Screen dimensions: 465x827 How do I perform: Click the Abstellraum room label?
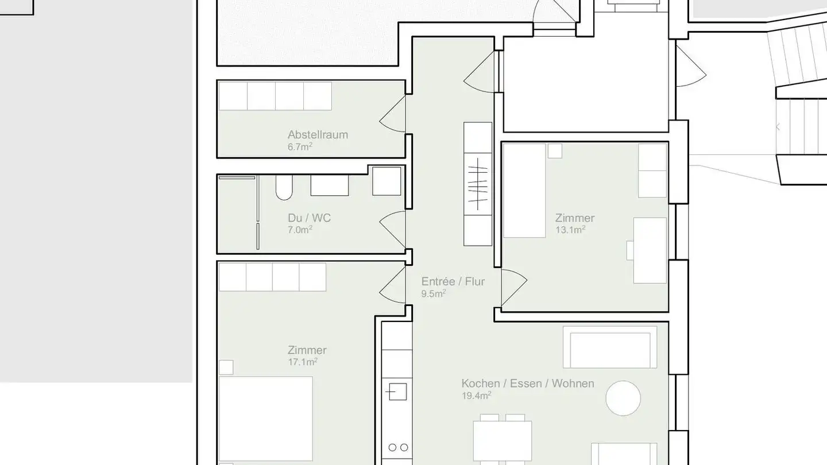(318, 135)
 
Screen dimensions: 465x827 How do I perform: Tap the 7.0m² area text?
(300, 230)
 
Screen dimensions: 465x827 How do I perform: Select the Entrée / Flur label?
(453, 281)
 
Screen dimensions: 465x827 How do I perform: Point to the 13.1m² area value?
(570, 230)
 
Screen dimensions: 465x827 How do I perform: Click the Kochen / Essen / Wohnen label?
(527, 383)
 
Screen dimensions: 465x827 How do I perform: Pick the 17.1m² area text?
(302, 362)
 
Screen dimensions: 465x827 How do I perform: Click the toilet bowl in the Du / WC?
(284, 188)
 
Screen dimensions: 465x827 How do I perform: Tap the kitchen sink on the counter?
(396, 392)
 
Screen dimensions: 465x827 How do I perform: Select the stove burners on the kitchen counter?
(397, 447)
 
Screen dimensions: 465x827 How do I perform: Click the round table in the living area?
(623, 398)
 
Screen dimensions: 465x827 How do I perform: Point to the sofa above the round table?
(610, 347)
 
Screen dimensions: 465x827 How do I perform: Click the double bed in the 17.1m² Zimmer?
(265, 419)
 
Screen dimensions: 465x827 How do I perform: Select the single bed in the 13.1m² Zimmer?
(524, 190)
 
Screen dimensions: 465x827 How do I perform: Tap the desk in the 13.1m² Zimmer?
(650, 250)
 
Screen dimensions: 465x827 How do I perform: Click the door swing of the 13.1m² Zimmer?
(513, 287)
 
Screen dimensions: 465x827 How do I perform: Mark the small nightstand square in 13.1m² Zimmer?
(554, 151)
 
